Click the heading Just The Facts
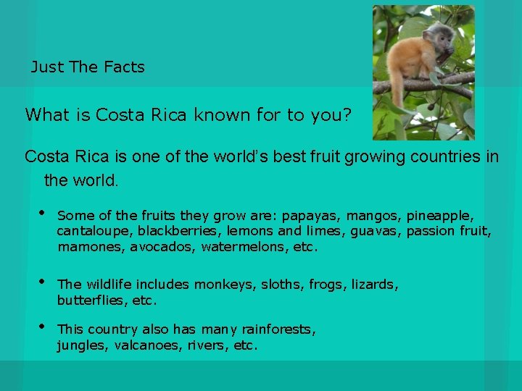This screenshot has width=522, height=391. (x=88, y=67)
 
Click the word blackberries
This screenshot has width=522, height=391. (x=179, y=232)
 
